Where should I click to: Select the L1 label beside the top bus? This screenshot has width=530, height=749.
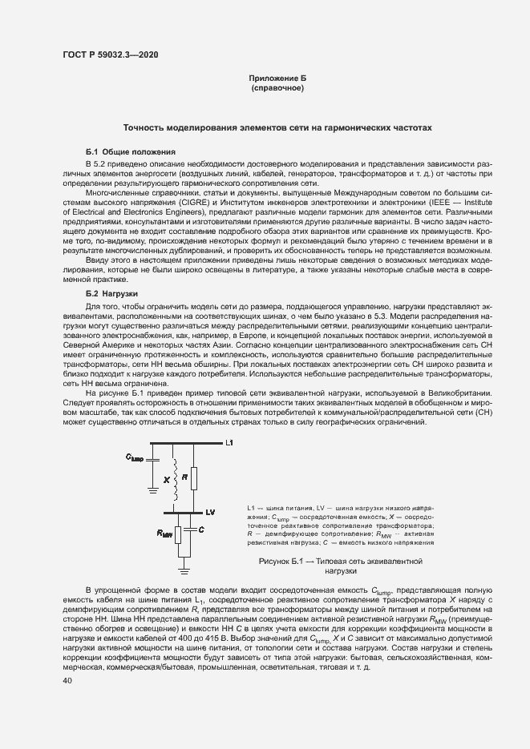point(229,443)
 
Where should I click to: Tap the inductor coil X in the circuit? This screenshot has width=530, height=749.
point(175,479)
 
